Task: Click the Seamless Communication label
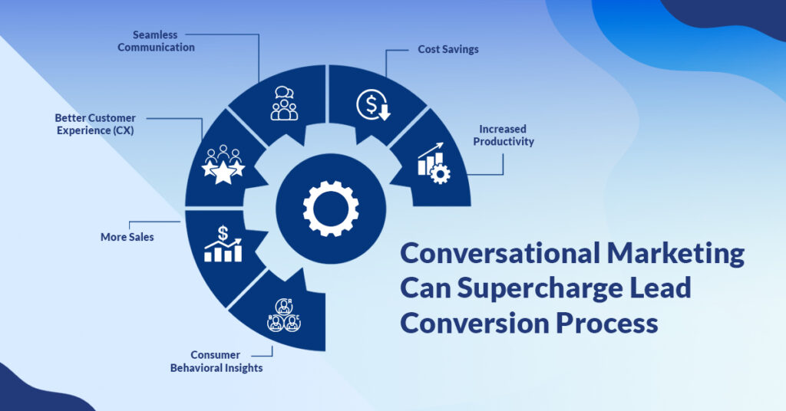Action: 156,41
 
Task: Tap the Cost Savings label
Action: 448,49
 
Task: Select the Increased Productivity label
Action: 504,135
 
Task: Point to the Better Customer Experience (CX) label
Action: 95,124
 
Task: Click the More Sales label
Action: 127,237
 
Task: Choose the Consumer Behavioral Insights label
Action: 216,361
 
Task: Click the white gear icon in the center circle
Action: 331,209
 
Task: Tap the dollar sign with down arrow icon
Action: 374,104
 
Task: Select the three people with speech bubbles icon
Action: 284,103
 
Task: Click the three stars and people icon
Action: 223,165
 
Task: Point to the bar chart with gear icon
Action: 434,163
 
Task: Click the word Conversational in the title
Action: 500,253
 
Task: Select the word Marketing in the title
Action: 675,255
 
